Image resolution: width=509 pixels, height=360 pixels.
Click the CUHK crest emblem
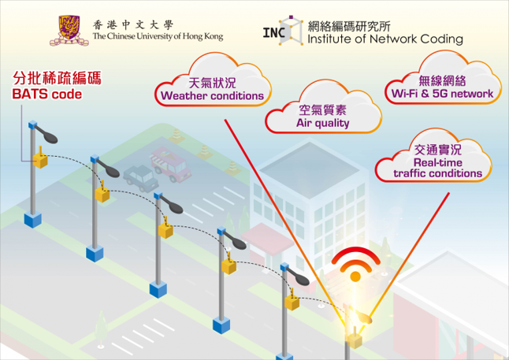pyautogui.click(x=69, y=30)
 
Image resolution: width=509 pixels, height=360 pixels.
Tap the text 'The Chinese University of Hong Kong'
pyautogui.click(x=157, y=36)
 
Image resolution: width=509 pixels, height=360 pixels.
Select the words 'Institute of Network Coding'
pyautogui.click(x=385, y=39)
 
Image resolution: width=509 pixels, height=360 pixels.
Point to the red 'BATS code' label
pyautogui.click(x=46, y=95)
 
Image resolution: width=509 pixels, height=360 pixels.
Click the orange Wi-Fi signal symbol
pyautogui.click(x=355, y=265)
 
